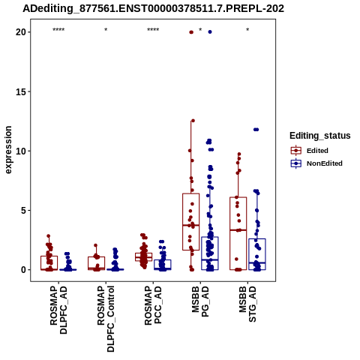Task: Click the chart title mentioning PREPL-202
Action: pyautogui.click(x=153, y=8)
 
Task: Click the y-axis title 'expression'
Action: pyautogui.click(x=8, y=150)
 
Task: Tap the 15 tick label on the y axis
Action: pyautogui.click(x=21, y=91)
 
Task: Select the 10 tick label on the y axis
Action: pyautogui.click(x=21, y=151)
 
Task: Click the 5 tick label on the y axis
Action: pyautogui.click(x=24, y=211)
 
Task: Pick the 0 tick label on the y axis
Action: pyautogui.click(x=24, y=270)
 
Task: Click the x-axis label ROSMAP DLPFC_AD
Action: pyautogui.click(x=58, y=310)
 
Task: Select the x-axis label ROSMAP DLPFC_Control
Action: pyautogui.click(x=106, y=319)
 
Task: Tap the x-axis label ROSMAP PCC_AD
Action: pyautogui.click(x=153, y=305)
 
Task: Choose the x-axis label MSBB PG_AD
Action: pyautogui.click(x=200, y=301)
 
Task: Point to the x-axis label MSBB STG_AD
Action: pyautogui.click(x=247, y=304)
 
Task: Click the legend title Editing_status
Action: pyautogui.click(x=320, y=136)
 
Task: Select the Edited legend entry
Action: pyautogui.click(x=309, y=151)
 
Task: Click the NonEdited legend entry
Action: pyautogui.click(x=316, y=163)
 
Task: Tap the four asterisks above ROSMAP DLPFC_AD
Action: pyautogui.click(x=58, y=30)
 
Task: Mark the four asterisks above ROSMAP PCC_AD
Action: pyautogui.click(x=153, y=30)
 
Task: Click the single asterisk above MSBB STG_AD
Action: pyautogui.click(x=247, y=30)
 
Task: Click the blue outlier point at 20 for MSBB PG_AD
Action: pyautogui.click(x=210, y=32)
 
